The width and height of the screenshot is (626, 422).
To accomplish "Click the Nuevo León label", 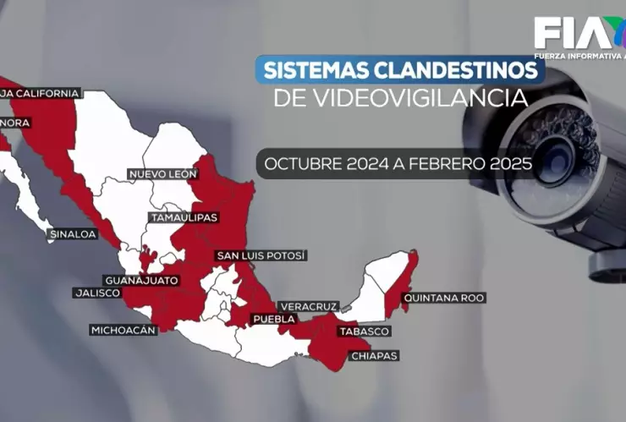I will pos(162,173).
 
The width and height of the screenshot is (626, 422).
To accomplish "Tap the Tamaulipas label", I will pos(184,217).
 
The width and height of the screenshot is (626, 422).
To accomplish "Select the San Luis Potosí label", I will pos(261,255).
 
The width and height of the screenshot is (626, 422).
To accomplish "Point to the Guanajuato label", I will pos(141,279).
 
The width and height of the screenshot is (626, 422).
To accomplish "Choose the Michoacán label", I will pos(124,330).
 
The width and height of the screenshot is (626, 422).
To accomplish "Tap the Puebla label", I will pos(274,319).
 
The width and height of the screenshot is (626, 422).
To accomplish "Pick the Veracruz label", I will pos(309,305).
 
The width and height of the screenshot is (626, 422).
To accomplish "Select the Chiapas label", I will pos(373,356).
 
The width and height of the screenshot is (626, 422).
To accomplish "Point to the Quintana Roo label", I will pos(445,298).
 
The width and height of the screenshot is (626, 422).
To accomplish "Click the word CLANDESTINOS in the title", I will pos(457,69).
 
